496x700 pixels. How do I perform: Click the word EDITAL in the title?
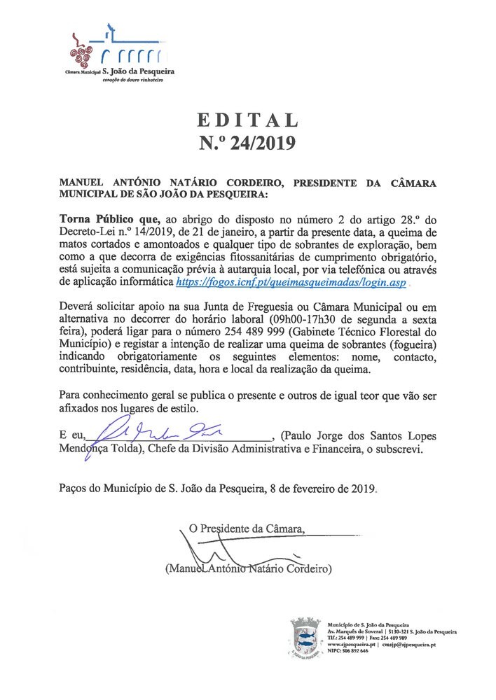[247, 119]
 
